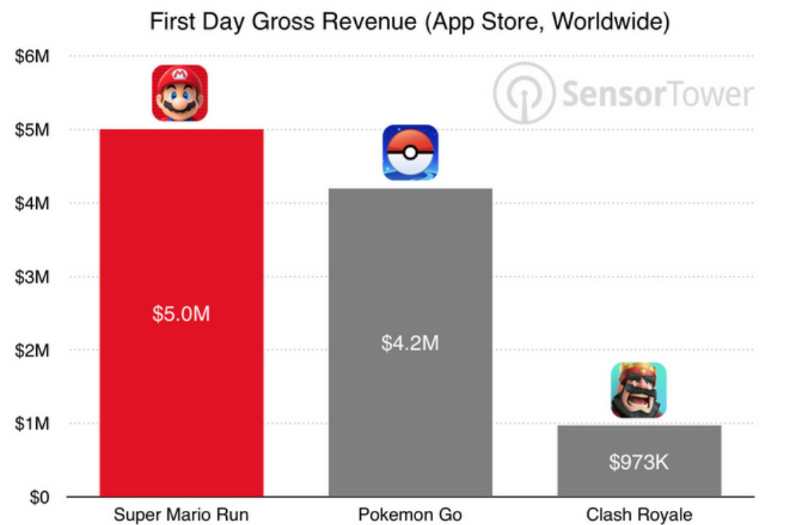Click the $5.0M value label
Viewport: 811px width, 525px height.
tap(181, 314)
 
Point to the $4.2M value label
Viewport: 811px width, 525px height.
tap(410, 343)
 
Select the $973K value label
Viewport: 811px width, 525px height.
tap(639, 463)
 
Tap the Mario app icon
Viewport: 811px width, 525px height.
tap(180, 93)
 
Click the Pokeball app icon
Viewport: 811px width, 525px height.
tap(410, 153)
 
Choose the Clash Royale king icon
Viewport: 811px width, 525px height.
tap(639, 389)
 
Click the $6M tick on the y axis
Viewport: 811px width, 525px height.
tap(32, 57)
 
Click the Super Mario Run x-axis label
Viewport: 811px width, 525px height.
tap(181, 515)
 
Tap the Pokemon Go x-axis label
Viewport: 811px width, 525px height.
tap(410, 515)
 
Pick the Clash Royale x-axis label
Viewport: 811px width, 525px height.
tap(639, 515)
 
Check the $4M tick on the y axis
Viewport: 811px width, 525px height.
tap(32, 204)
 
